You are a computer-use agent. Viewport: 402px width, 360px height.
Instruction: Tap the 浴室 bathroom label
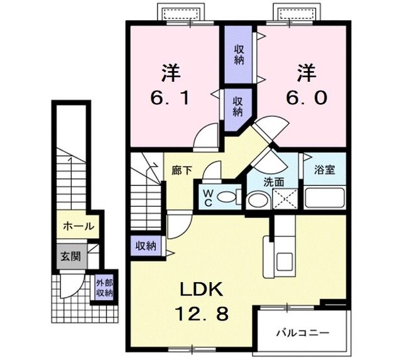[x=325, y=170]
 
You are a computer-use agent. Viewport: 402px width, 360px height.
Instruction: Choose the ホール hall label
[x=78, y=226]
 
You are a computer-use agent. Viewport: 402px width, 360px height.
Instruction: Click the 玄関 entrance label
[x=69, y=256]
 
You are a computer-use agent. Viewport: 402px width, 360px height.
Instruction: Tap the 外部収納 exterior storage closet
[x=104, y=288]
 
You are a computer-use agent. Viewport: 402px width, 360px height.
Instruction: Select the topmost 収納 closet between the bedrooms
[x=239, y=55]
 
